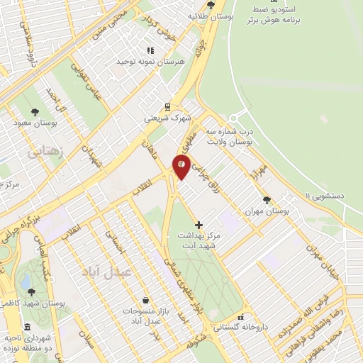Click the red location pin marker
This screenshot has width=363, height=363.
coord(181,167)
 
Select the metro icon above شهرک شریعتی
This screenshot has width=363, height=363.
coord(167,107)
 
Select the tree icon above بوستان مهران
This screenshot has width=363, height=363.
coord(267,200)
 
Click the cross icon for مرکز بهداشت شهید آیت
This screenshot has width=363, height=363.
coord(199,224)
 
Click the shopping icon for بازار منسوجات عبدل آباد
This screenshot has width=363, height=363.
coord(145,301)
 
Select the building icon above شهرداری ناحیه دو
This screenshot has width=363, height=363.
coord(27,327)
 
